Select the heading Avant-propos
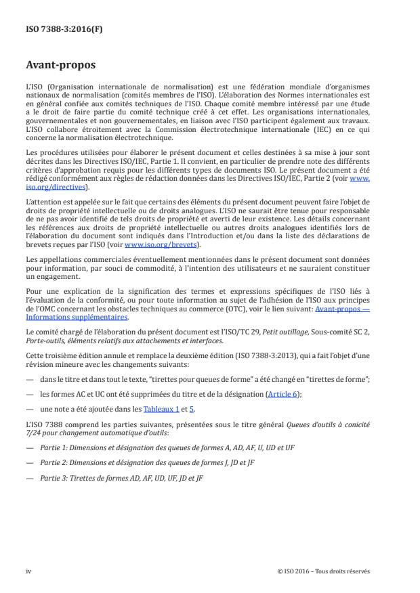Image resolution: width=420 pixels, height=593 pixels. [61, 66]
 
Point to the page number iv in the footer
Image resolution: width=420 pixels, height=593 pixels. [28, 571]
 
